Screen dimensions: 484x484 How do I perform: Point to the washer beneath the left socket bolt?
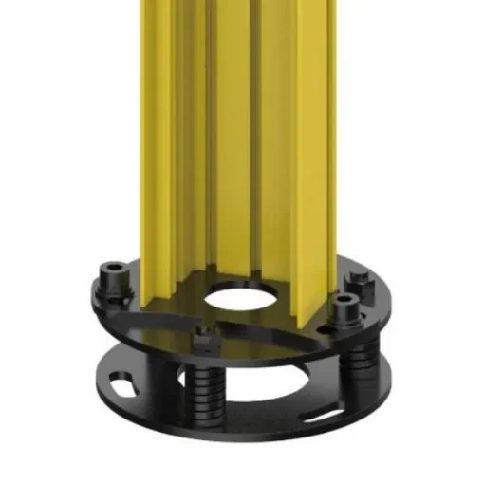(x=114, y=289)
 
